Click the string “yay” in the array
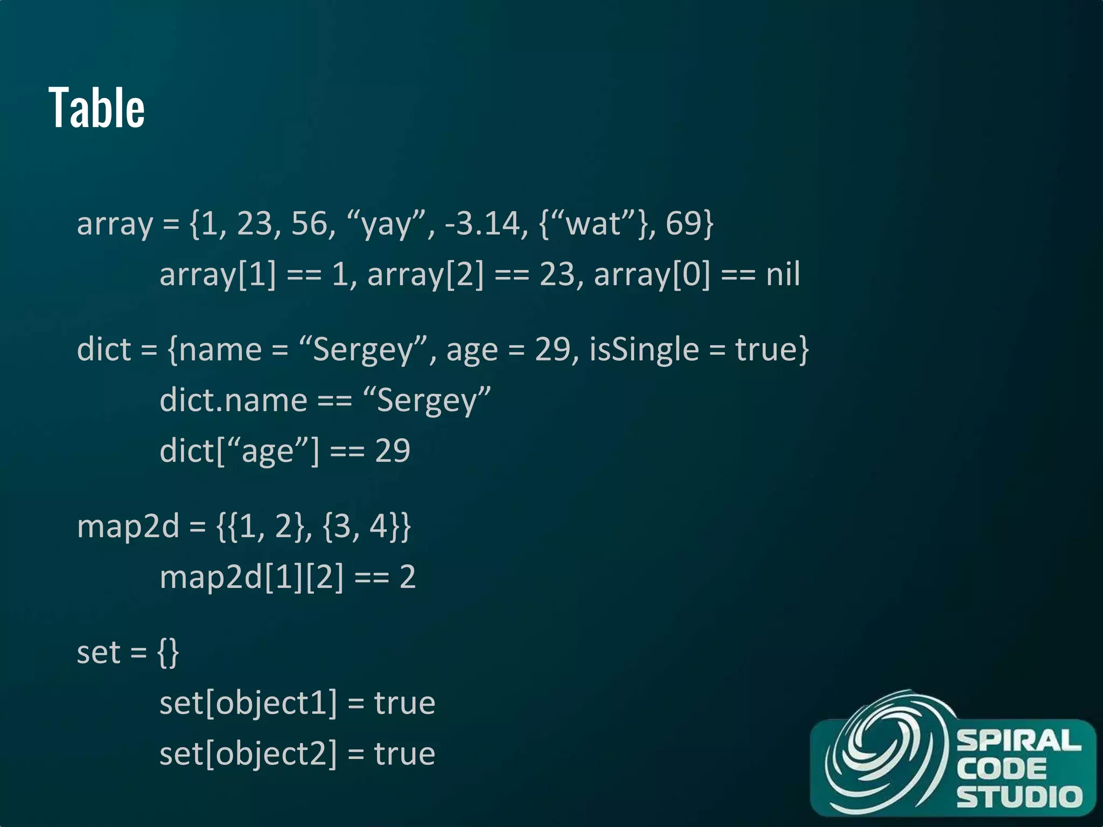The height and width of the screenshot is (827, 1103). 387,223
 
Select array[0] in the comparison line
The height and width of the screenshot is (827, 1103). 652,275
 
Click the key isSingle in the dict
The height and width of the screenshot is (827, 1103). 644,349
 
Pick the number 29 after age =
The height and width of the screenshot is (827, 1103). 553,349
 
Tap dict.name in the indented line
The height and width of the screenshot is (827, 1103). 233,401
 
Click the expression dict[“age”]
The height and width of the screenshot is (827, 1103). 240,451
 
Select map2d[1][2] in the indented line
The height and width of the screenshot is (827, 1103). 252,577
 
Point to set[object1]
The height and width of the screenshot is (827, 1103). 248,703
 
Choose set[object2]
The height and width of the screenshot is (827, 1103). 248,753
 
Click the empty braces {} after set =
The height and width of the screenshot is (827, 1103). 168,653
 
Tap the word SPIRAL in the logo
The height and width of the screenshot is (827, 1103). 1018,741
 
